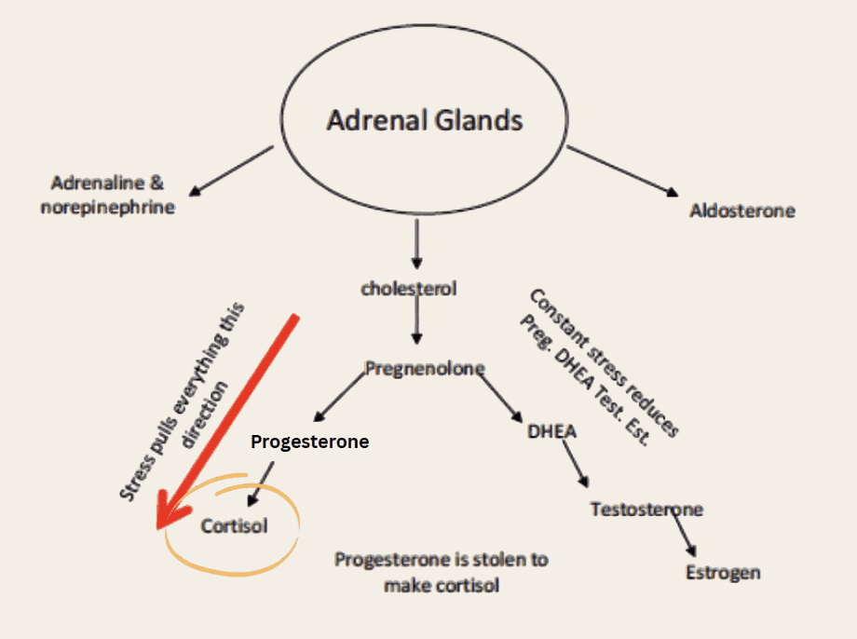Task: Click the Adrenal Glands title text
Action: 424,120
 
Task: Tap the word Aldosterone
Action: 742,211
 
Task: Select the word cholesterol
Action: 409,289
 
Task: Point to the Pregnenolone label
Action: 424,368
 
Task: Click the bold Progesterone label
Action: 309,442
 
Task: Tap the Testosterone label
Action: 646,510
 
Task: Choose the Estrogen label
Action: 723,572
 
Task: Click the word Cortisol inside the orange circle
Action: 234,526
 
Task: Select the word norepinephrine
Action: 107,207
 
